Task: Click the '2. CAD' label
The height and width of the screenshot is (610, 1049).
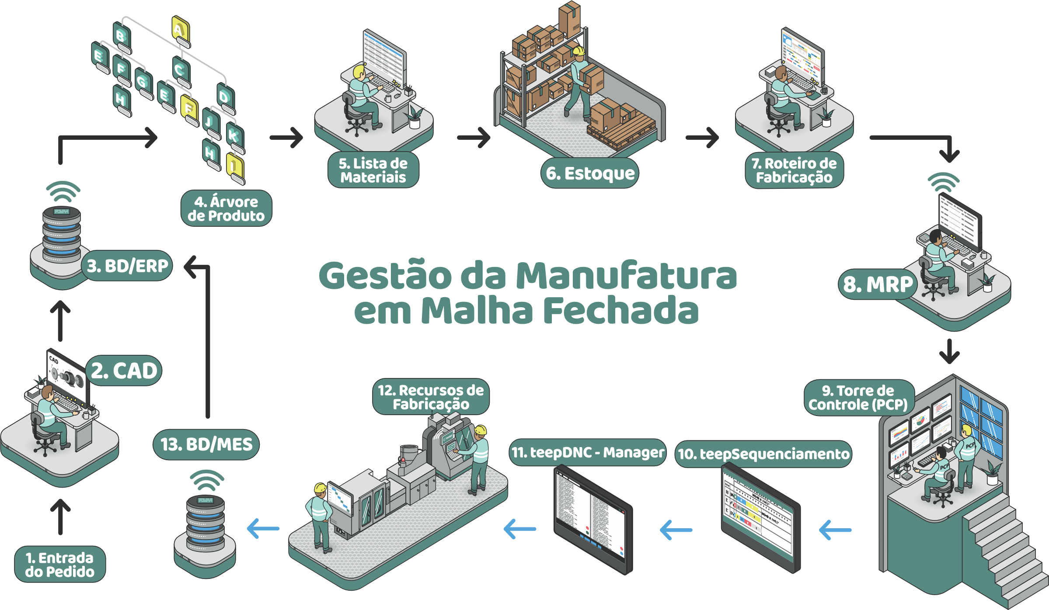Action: tap(124, 371)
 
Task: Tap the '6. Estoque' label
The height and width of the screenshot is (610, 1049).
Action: tap(590, 173)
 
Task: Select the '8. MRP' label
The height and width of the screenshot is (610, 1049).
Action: tap(878, 284)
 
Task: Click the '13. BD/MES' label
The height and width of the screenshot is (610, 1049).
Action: tap(206, 444)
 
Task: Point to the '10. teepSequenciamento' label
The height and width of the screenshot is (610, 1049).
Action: tap(763, 454)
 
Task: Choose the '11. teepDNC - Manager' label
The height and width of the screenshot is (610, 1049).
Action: tap(588, 452)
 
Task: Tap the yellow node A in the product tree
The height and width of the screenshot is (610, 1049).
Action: tap(179, 30)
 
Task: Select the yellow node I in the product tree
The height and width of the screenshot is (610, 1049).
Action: tap(234, 166)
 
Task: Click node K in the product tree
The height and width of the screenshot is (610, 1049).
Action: tap(234, 135)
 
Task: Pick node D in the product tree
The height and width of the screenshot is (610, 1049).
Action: tap(225, 97)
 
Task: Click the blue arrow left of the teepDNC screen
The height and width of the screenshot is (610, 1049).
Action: tap(519, 529)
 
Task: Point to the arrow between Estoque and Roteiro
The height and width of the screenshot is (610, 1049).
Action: tap(702, 137)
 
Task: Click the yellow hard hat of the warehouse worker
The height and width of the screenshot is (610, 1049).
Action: tap(579, 51)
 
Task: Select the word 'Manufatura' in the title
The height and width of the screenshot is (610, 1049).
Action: tap(626, 276)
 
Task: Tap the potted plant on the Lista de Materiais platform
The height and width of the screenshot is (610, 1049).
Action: tap(414, 117)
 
